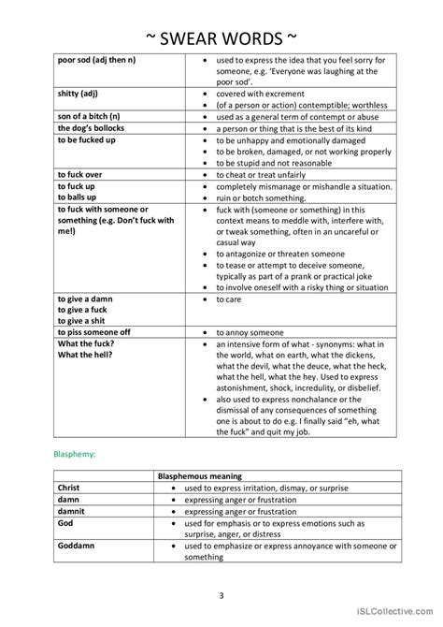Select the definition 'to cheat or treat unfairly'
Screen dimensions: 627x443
coord(265,175)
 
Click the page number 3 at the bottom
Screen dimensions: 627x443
coord(221,594)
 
